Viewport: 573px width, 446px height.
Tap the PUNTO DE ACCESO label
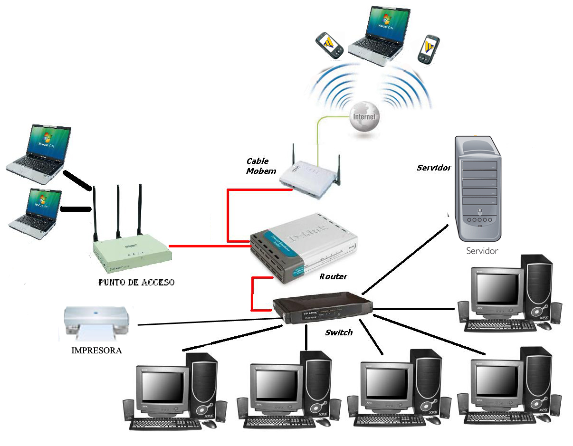tap(136, 283)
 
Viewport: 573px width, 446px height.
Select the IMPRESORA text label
tap(96, 351)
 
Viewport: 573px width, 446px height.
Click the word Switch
tap(339, 332)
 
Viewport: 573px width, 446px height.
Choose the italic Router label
tap(333, 276)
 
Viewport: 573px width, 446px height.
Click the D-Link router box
tap(304, 247)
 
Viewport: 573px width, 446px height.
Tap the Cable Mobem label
tap(261, 166)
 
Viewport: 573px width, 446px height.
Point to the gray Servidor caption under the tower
tap(482, 251)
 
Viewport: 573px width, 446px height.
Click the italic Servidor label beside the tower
tap(434, 168)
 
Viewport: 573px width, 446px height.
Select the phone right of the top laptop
tap(429, 48)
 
